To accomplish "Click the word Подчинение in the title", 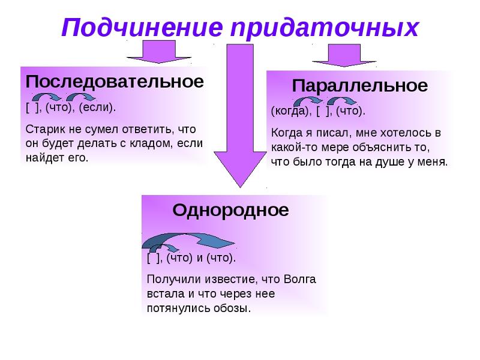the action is (142, 28).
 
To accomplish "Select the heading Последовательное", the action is (115, 82).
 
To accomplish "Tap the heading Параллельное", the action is (359, 85).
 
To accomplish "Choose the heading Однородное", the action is (230, 211).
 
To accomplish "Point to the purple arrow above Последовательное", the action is (159, 52).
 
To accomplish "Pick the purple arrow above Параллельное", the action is (344, 55).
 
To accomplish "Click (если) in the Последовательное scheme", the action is (97, 107).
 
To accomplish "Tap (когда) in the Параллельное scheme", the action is (290, 111).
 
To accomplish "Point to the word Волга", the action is (299, 279).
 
